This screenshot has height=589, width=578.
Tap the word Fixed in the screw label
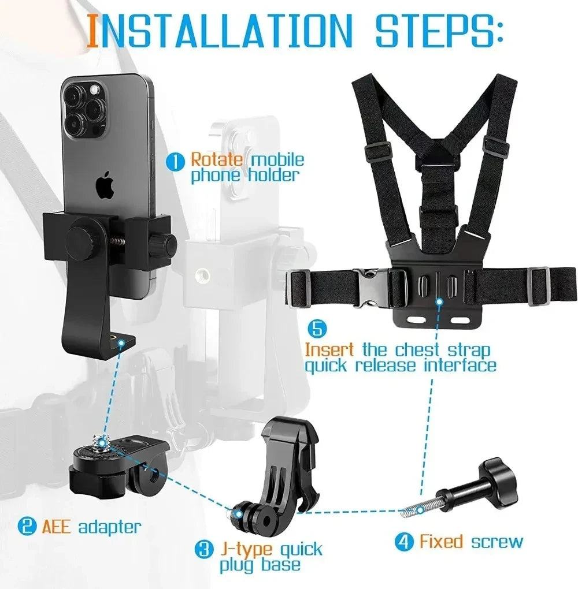coord(441,542)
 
